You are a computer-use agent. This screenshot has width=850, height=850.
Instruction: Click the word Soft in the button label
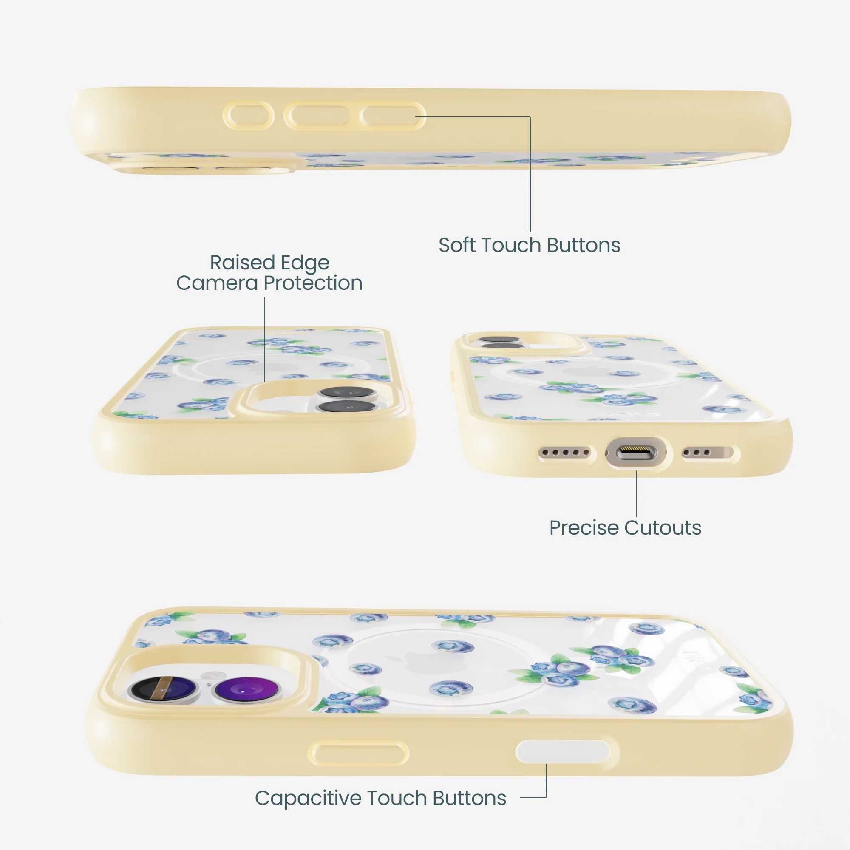pyautogui.click(x=458, y=245)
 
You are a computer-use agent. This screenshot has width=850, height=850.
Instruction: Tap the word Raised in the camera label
pyautogui.click(x=242, y=263)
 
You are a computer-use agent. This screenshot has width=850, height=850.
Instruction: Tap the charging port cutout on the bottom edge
pyautogui.click(x=636, y=452)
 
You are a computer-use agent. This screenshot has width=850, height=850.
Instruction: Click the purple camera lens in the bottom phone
pyautogui.click(x=246, y=687)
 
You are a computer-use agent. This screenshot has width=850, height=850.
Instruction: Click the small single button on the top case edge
pyautogui.click(x=249, y=116)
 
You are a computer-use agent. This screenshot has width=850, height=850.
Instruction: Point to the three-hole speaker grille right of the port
pyautogui.click(x=707, y=452)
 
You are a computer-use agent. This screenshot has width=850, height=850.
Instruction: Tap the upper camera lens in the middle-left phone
pyautogui.click(x=347, y=392)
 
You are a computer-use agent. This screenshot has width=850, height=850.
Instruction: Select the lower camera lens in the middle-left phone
pyautogui.click(x=348, y=406)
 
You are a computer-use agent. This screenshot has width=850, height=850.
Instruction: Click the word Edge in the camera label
pyautogui.click(x=305, y=263)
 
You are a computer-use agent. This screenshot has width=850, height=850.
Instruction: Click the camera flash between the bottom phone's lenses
pyautogui.click(x=213, y=674)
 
